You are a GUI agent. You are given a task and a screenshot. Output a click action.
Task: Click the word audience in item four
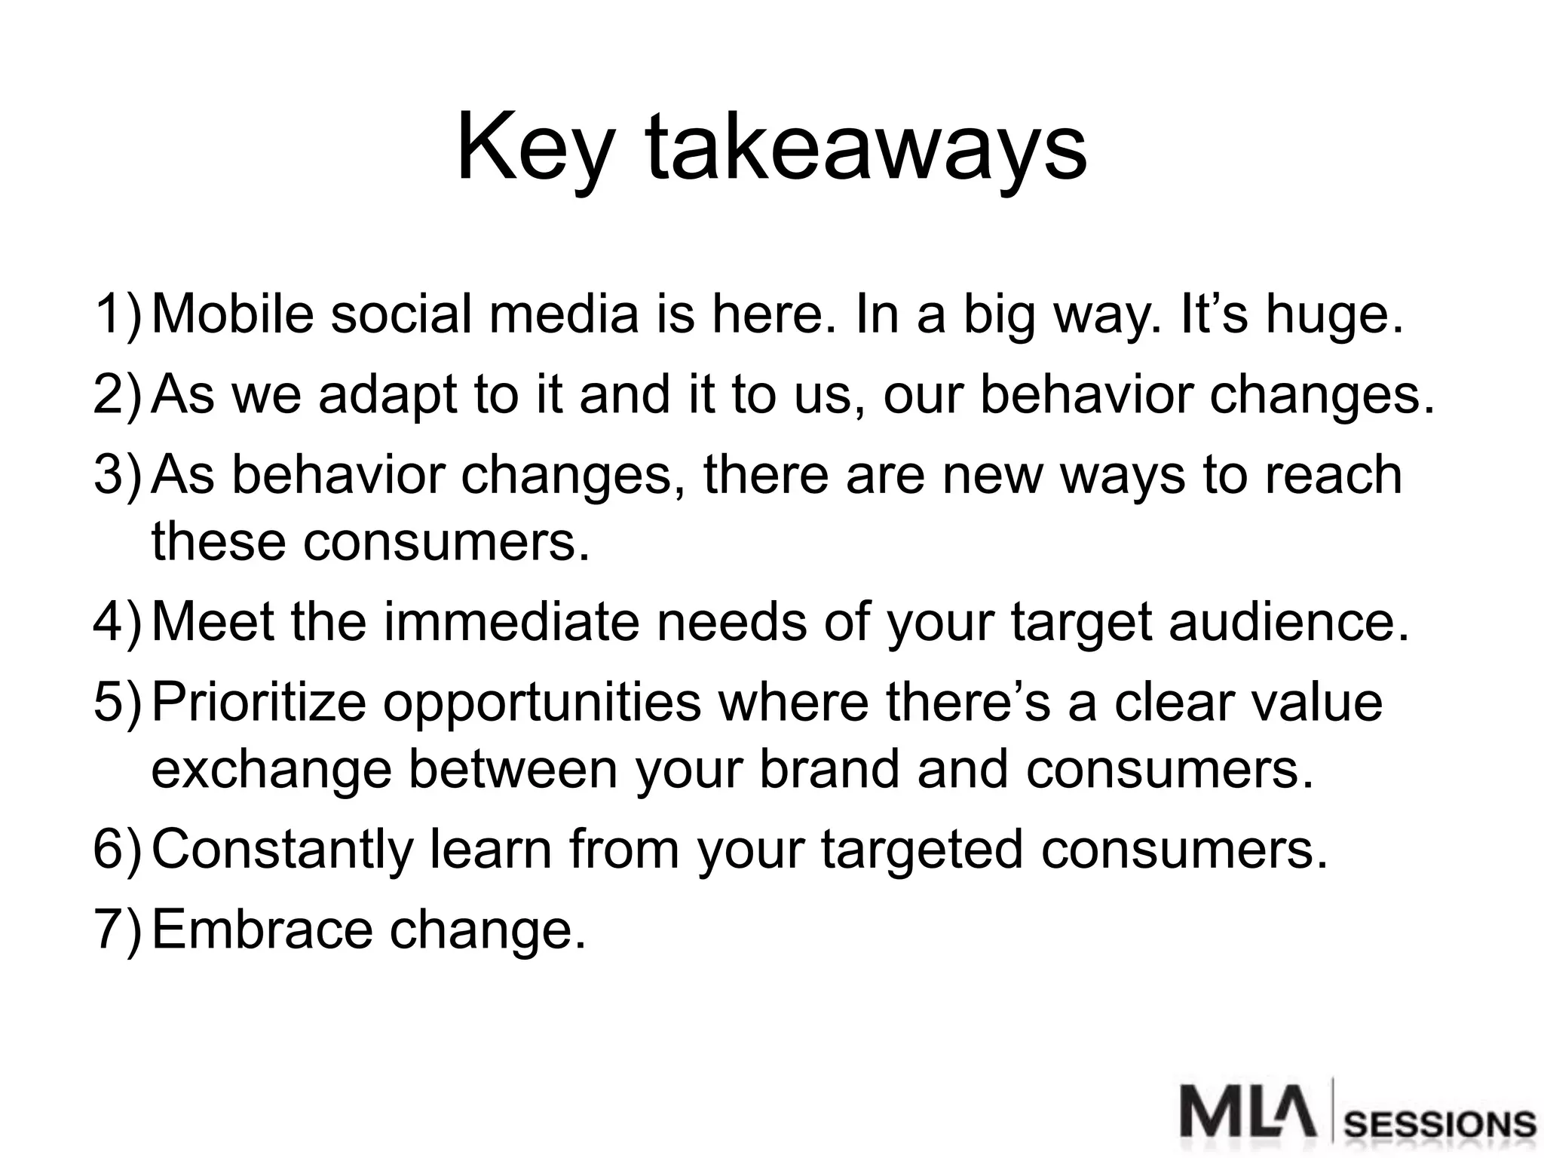click(1288, 623)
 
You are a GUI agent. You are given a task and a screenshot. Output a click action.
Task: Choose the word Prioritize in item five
click(259, 703)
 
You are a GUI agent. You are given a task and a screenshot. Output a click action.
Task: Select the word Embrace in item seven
click(262, 929)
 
